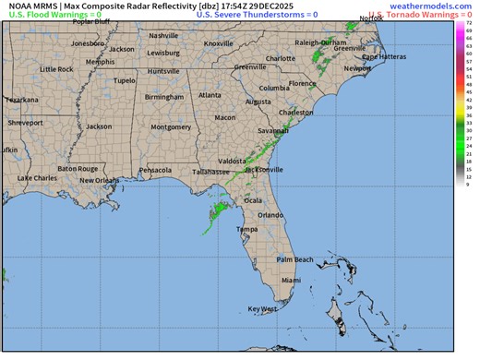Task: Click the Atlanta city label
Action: click(x=210, y=95)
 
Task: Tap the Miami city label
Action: click(x=292, y=279)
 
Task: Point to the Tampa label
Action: click(x=246, y=229)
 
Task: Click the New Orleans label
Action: click(x=100, y=180)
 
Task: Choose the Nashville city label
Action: click(x=162, y=36)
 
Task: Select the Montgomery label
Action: click(x=171, y=126)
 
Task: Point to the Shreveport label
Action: click(x=26, y=123)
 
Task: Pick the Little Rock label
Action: click(x=57, y=69)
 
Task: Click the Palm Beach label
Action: click(x=295, y=259)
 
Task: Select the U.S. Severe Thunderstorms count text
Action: click(x=257, y=15)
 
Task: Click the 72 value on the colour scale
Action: click(x=469, y=21)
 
